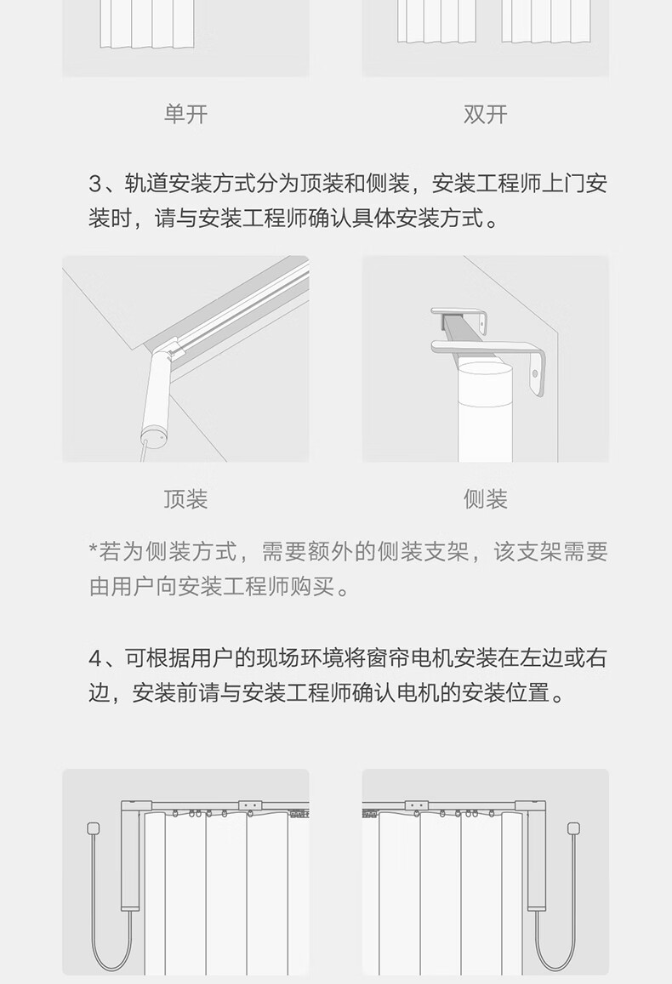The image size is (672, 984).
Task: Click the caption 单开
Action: (x=185, y=114)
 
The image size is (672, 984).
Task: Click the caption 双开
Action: (x=485, y=114)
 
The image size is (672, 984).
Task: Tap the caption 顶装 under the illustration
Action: (x=185, y=499)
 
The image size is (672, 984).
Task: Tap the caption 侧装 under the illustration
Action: (x=485, y=499)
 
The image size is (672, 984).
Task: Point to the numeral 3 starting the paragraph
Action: (x=94, y=184)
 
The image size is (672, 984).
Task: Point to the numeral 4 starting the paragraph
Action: (x=95, y=658)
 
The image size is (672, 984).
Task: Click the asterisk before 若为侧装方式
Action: (x=94, y=549)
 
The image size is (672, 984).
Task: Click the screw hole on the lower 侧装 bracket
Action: (x=535, y=374)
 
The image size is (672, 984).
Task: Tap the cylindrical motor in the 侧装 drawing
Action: (x=485, y=412)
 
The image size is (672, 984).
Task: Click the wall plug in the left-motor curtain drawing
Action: (x=94, y=828)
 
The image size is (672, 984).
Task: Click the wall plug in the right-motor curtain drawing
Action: (x=572, y=828)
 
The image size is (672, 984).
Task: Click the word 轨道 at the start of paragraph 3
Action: (x=146, y=184)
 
